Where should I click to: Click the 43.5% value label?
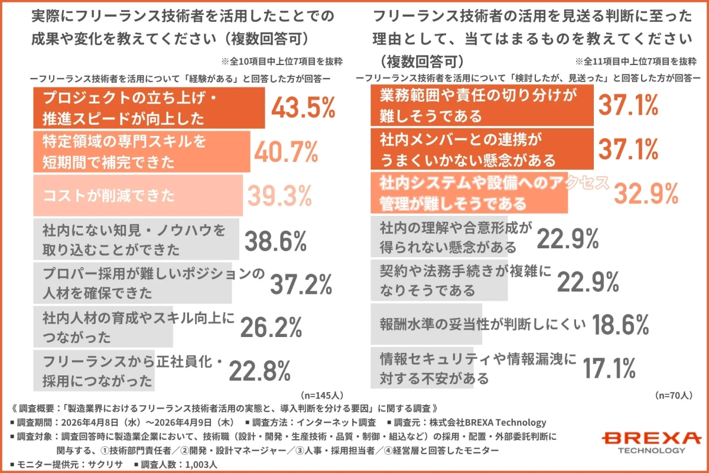[303, 108]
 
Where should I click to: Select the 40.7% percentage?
[286, 152]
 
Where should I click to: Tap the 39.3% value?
[278, 196]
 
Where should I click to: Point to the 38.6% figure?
[275, 241]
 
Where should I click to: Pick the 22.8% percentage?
[259, 371]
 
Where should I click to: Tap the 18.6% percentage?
[620, 324]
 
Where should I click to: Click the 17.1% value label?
[609, 368]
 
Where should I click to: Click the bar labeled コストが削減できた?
[138, 195]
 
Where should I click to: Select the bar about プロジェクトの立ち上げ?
[148, 108]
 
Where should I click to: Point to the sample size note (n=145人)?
[322, 394]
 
